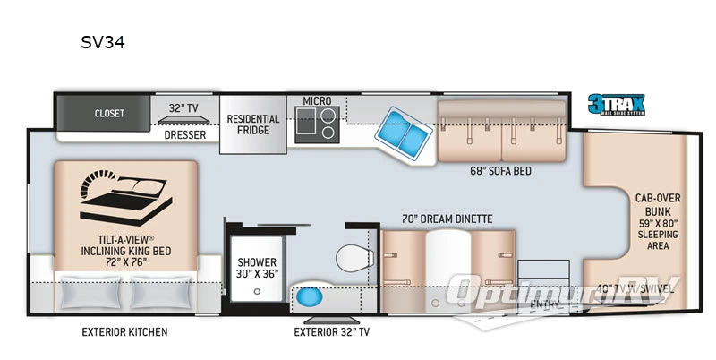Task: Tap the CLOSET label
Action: (x=110, y=114)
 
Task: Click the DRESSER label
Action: (x=185, y=135)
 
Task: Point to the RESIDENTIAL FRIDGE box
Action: (x=252, y=124)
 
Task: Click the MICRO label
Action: (x=317, y=101)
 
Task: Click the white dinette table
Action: (x=446, y=265)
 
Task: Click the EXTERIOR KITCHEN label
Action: (x=124, y=332)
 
